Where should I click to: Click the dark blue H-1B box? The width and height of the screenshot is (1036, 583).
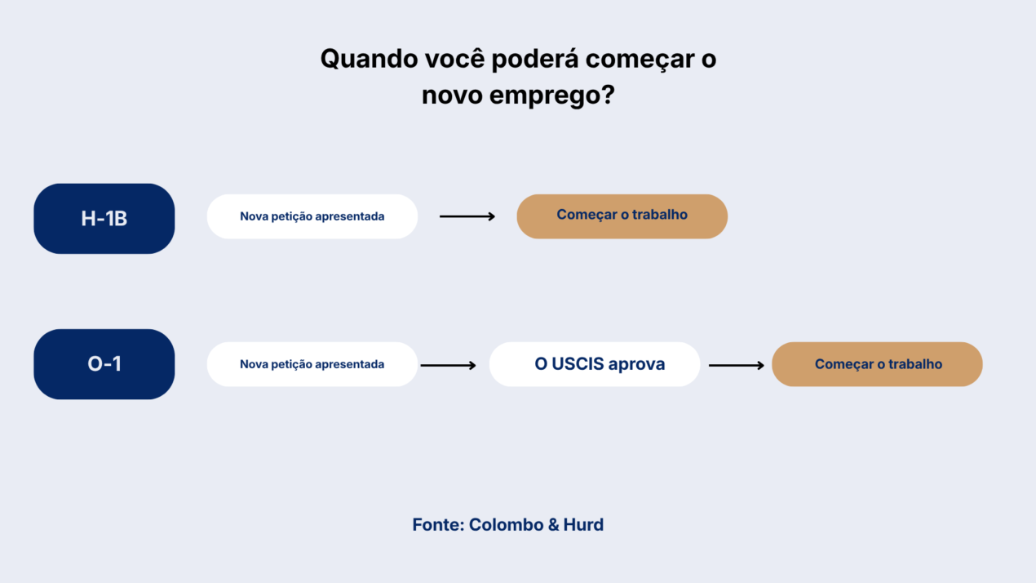pos(104,219)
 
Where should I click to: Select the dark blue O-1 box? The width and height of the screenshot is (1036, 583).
pos(104,364)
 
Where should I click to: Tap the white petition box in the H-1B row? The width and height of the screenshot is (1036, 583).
pos(312,216)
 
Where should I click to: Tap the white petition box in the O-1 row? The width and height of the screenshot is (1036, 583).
pos(312,364)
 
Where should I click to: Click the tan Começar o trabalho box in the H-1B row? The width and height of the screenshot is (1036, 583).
pos(622,216)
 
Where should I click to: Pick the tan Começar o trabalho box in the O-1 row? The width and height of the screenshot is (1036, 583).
pos(878,364)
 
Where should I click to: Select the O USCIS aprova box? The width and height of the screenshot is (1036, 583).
pos(595,364)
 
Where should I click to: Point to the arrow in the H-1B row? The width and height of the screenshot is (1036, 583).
pos(467,216)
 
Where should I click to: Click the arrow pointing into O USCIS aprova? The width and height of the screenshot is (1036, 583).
pos(448,365)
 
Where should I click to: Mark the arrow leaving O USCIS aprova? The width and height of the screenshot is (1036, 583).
pos(737,365)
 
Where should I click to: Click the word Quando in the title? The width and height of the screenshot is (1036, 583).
pos(369,60)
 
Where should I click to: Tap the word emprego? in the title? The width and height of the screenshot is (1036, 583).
pos(552,96)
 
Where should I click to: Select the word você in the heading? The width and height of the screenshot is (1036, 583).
pos(454,59)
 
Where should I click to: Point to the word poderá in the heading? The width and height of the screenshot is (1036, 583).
pos(534,60)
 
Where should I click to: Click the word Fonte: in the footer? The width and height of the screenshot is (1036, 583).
pos(438,525)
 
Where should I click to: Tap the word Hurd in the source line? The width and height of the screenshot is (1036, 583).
pos(583,525)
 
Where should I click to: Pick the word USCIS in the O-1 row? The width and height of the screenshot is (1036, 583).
pos(578,364)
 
